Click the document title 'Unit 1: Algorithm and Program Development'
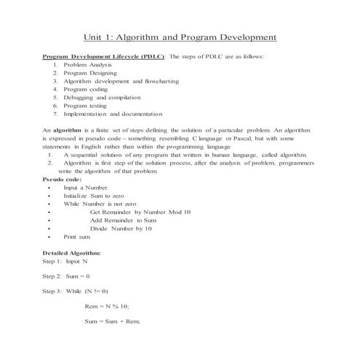coord(180,37)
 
